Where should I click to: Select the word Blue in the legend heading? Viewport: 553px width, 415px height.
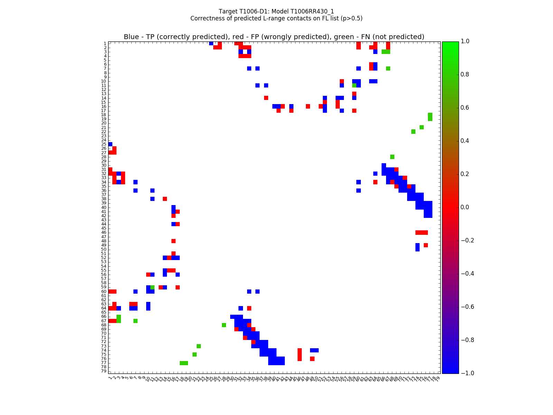131,37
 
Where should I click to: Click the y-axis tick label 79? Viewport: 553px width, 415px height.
103,371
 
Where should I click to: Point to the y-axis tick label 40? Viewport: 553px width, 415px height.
103,207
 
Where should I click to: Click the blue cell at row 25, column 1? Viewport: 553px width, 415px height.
110,144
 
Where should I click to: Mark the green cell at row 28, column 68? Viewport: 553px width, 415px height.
392,157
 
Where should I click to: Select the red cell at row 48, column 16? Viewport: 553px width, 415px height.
174,241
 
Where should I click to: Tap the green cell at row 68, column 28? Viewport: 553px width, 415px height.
224,325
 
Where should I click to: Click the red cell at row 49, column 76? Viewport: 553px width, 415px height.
426,245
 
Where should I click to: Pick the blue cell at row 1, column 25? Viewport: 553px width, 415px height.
211,43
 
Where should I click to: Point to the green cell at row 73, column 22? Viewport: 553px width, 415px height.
199,346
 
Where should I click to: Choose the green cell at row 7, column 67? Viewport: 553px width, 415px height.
388,68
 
